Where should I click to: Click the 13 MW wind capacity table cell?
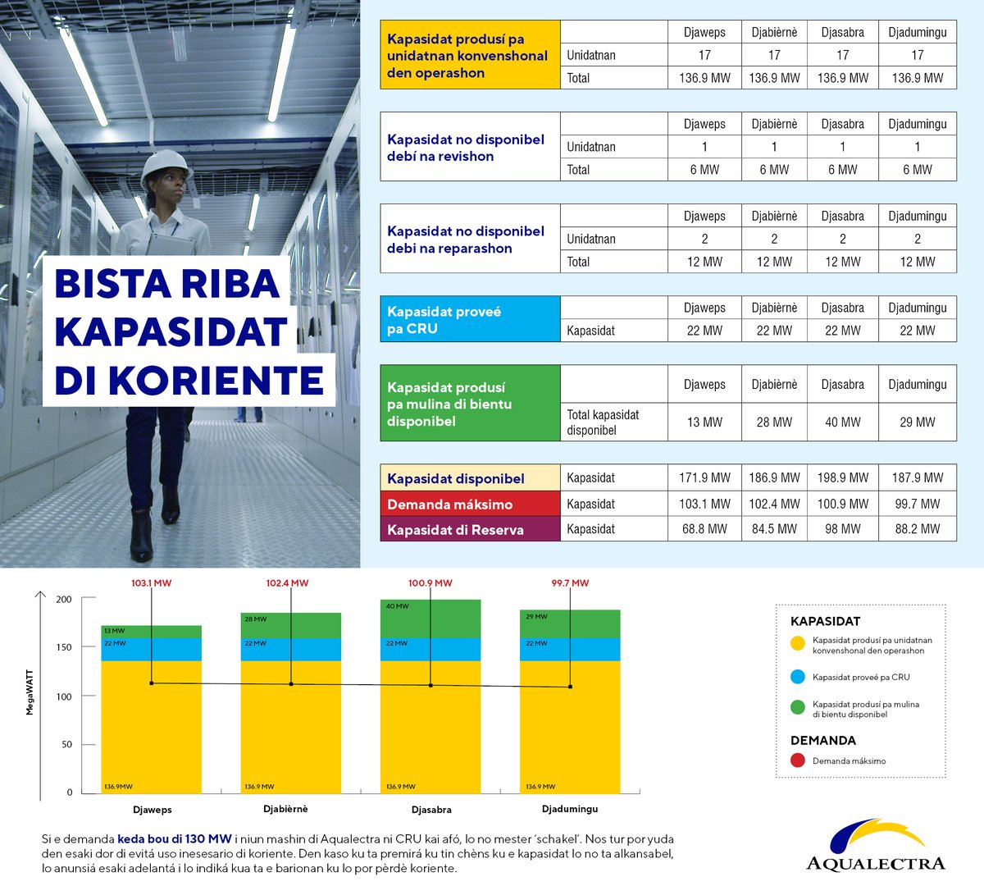point(704,422)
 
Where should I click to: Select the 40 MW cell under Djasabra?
point(843,422)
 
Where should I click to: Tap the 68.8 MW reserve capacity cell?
point(704,528)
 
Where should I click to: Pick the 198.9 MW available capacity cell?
point(843,477)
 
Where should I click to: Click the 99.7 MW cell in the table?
point(918,504)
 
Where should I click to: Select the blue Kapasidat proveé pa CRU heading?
point(470,319)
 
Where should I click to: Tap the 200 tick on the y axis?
point(64,599)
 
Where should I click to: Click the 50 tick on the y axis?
point(66,744)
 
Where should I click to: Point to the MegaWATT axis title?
point(30,692)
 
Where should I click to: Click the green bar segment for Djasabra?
point(430,619)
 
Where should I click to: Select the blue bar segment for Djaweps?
point(151,650)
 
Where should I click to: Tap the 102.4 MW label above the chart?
point(288,583)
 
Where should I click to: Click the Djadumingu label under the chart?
point(570,809)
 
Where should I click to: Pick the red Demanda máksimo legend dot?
point(798,760)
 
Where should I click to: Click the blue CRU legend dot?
point(798,677)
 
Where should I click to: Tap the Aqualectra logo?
point(876,845)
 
